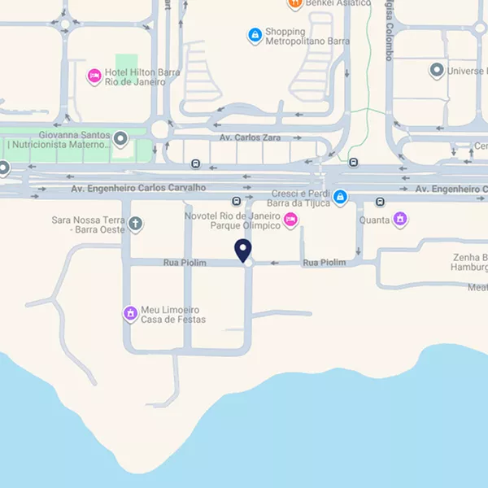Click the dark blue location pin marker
click(242, 251)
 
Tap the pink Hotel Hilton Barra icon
click(94, 76)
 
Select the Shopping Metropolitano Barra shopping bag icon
click(255, 35)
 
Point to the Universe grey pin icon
click(437, 71)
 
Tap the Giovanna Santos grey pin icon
click(121, 139)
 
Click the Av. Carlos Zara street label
click(250, 137)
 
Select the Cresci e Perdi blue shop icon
click(341, 197)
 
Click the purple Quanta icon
click(399, 219)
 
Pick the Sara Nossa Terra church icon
click(135, 224)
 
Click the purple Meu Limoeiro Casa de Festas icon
click(129, 313)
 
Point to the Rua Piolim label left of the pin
click(185, 263)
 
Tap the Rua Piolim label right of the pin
click(324, 263)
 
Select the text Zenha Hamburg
click(469, 262)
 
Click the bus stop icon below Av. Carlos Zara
click(195, 163)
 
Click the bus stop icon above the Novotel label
click(236, 201)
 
